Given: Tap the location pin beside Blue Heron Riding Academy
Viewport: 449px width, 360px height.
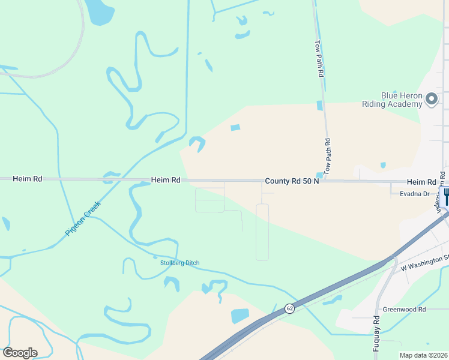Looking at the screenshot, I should coord(432,100).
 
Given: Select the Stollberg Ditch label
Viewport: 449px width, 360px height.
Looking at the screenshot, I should coord(179,263).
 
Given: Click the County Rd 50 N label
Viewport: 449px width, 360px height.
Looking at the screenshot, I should coord(292,181).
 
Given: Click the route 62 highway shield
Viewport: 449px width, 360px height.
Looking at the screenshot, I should coord(289,308).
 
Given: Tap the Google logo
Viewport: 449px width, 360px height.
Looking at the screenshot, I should coord(20,352).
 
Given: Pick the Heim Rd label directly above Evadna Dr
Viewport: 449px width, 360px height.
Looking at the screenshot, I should coord(421,182).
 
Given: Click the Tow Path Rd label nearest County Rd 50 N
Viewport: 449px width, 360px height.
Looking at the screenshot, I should coord(328,157).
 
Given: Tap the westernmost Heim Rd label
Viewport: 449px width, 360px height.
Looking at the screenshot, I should coord(29,179).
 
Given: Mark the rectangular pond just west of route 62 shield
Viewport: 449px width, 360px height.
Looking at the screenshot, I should coord(240,316).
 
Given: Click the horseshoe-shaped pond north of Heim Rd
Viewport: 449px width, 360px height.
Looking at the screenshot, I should coord(197,143).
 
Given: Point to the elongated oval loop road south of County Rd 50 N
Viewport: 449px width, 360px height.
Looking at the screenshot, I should coord(262,232).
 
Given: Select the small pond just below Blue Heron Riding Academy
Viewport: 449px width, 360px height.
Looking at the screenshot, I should coord(383,165).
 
